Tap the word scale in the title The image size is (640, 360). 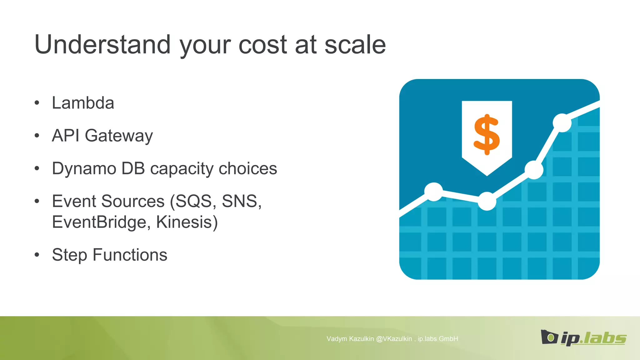click(355, 44)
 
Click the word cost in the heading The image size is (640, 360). click(262, 44)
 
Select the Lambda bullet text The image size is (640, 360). click(83, 103)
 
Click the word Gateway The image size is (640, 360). click(119, 136)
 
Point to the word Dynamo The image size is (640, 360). click(84, 168)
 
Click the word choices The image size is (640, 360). click(247, 168)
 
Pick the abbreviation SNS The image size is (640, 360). click(241, 201)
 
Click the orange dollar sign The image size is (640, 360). click(487, 134)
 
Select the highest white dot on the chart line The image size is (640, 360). click(562, 123)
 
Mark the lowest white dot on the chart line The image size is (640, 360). click(487, 201)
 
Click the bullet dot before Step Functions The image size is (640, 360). click(37, 255)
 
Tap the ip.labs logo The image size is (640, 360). click(583, 338)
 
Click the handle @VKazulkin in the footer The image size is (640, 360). click(394, 339)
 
